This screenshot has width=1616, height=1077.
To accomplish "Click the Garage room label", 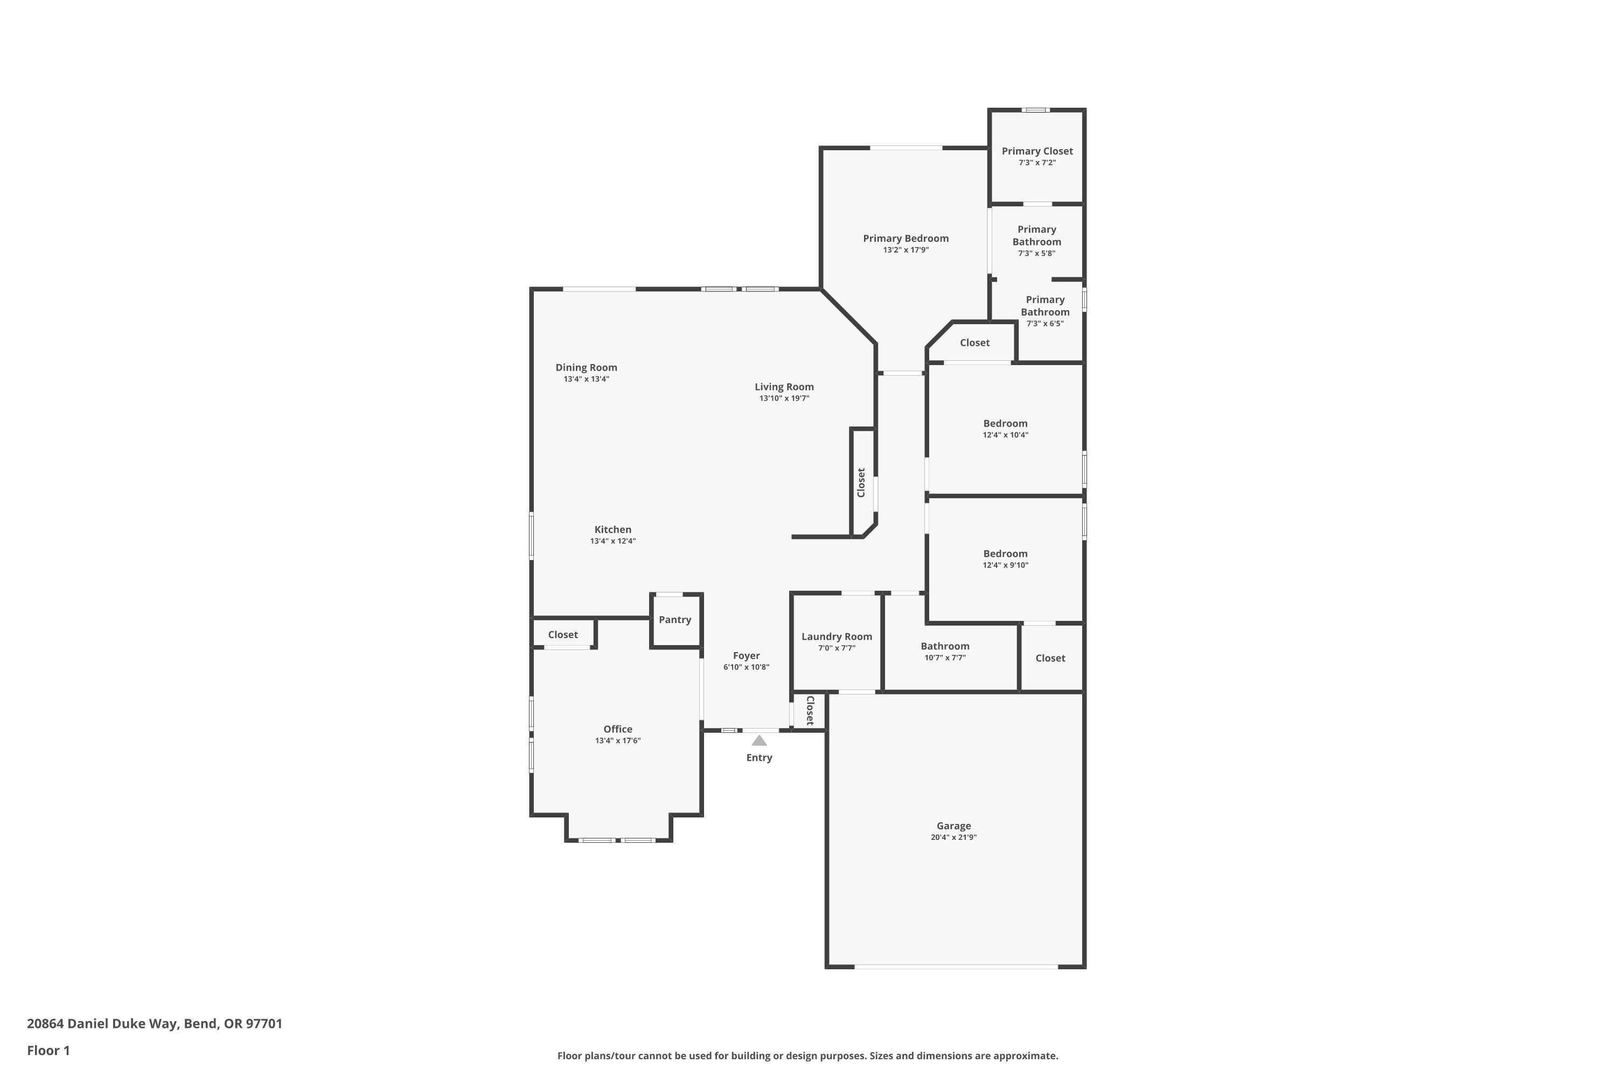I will coord(953,826).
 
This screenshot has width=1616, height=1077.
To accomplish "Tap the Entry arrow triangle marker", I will coord(758,740).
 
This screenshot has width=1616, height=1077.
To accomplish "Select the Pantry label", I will coord(675,620).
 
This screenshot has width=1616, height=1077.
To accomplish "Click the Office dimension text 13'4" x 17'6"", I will coord(618,740).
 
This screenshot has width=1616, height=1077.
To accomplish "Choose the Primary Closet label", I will coord(1037,151).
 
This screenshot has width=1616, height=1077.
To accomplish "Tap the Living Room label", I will coord(784,387).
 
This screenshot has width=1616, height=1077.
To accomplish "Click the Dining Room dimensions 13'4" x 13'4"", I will coord(586,379).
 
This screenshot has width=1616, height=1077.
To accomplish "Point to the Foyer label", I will coord(746,655).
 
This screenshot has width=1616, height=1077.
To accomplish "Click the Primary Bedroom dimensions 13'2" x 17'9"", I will coord(905,250).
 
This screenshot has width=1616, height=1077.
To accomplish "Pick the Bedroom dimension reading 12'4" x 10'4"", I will coord(1005,435).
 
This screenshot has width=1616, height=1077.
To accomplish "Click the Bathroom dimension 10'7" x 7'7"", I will coord(945,658).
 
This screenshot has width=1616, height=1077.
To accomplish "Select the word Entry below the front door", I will coord(758,758).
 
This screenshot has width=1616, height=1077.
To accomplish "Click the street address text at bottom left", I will coord(155,1024).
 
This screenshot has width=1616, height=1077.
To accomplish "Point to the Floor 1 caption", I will coord(48,1050).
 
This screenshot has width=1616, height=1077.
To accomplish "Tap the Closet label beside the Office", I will coord(563,635).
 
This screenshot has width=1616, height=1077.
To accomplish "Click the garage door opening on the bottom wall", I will coord(955,967).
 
